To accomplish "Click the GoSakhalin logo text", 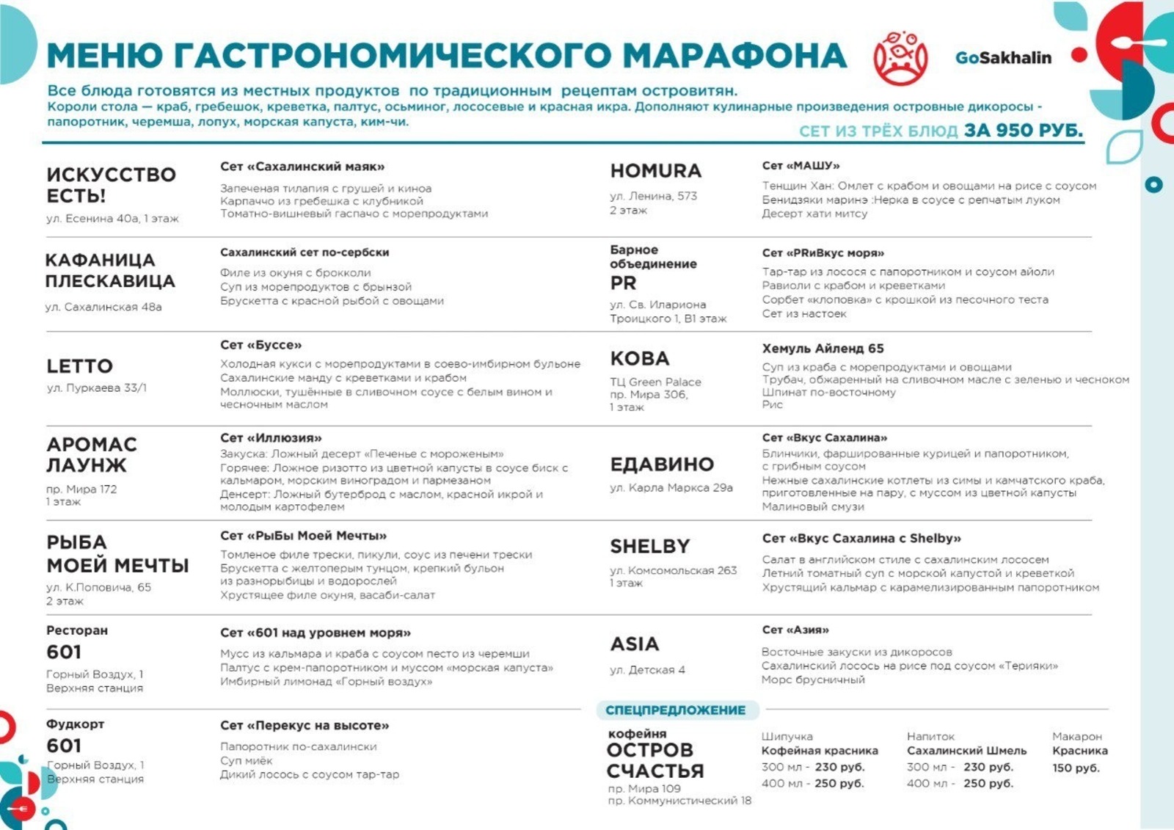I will coord(1003,57).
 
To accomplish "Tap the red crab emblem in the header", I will coord(900,57).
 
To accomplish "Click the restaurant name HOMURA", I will coord(656,170).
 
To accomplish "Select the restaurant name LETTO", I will coord(80,365).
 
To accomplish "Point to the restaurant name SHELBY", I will coord(650,546).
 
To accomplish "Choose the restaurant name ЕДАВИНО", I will coord(662,464).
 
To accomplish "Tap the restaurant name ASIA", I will coord(635,644).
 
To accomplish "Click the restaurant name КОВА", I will coord(640,358).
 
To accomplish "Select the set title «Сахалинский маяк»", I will coord(302,167).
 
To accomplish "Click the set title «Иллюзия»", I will coord(271,437).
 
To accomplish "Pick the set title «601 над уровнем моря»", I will coord(316,633).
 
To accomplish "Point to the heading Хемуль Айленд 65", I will coord(823,348).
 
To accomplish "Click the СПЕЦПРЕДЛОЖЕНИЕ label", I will coord(675,710).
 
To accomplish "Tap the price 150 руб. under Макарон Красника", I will coord(1076,768).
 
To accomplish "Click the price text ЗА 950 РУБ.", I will coord(1024,130).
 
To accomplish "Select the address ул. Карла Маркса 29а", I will coord(671,487).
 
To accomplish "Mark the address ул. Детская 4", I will coord(647,669).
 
